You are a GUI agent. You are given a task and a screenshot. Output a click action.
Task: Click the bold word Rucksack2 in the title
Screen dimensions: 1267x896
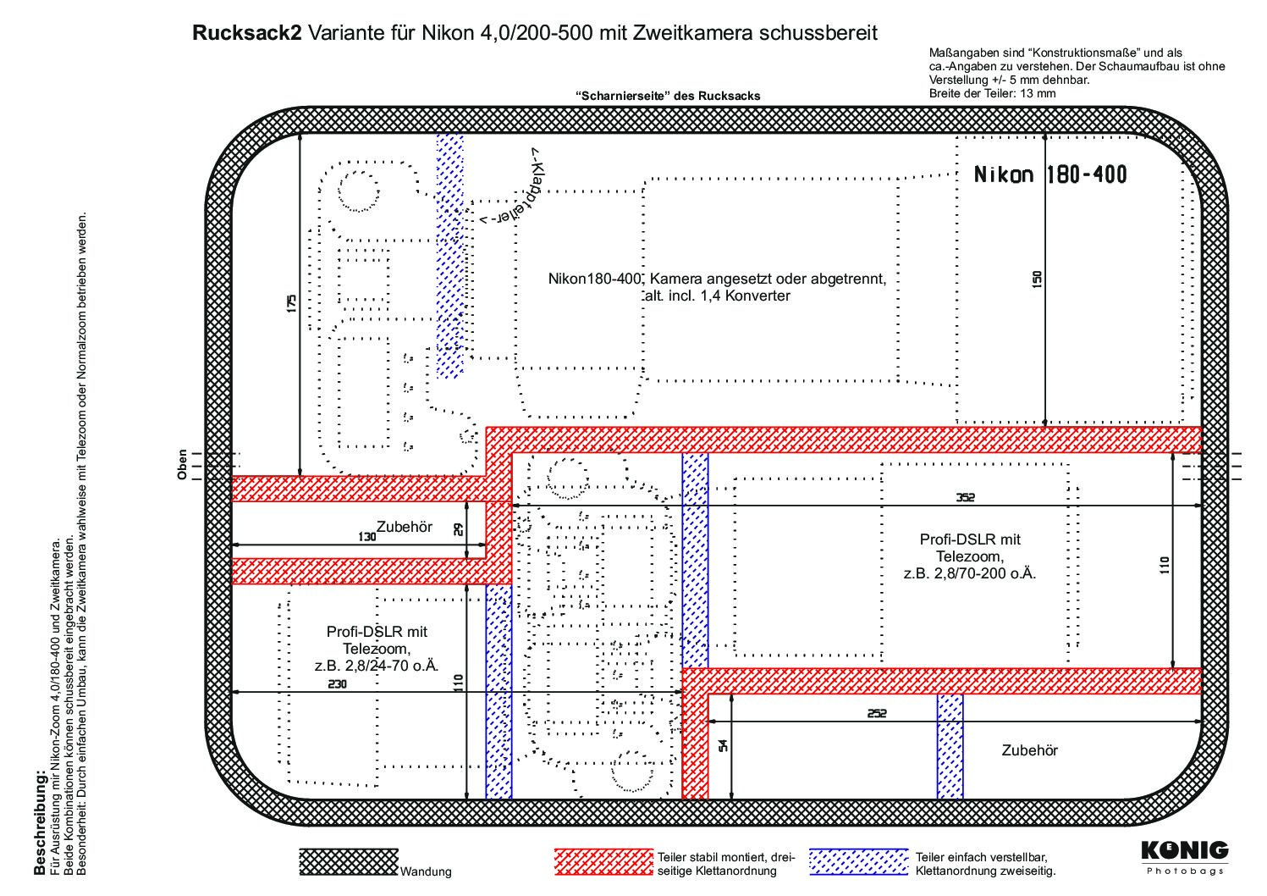pyautogui.click(x=247, y=33)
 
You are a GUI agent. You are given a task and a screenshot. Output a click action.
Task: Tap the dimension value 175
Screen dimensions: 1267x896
pyautogui.click(x=291, y=303)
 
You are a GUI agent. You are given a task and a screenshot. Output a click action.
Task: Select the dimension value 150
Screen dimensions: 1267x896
pyautogui.click(x=1037, y=279)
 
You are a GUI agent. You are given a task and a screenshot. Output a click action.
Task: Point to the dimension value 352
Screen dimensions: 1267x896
pyautogui.click(x=966, y=497)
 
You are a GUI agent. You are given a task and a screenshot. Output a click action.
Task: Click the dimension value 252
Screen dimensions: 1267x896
pyautogui.click(x=877, y=713)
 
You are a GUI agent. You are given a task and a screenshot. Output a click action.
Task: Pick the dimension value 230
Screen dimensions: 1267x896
pyautogui.click(x=337, y=683)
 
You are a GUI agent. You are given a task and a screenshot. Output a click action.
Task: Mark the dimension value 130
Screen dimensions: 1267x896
pyautogui.click(x=367, y=537)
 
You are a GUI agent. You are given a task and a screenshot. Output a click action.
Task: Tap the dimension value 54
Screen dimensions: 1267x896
pyautogui.click(x=723, y=746)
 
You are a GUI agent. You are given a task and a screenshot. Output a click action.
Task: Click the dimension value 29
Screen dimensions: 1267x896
pyautogui.click(x=458, y=529)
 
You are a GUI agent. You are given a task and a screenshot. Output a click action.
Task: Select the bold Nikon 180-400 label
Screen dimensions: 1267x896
pyautogui.click(x=1050, y=175)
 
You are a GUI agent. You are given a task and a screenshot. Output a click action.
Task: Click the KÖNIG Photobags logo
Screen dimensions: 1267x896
pyautogui.click(x=1185, y=858)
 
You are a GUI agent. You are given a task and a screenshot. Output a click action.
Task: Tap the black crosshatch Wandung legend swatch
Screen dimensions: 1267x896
pyautogui.click(x=349, y=862)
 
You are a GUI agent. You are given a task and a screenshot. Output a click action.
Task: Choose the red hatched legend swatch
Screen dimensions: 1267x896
pyautogui.click(x=603, y=862)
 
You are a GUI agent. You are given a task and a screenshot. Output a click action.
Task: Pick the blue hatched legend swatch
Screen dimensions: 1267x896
pyautogui.click(x=858, y=862)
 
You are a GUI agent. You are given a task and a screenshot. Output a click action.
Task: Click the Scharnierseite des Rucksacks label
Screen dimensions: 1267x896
pyautogui.click(x=668, y=96)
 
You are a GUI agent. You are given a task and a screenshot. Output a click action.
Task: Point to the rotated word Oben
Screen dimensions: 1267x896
pyautogui.click(x=182, y=465)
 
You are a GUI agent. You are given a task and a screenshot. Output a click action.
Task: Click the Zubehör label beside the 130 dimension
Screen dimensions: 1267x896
pyautogui.click(x=405, y=527)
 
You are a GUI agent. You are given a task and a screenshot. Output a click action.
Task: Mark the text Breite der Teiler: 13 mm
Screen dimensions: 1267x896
pyautogui.click(x=992, y=93)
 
